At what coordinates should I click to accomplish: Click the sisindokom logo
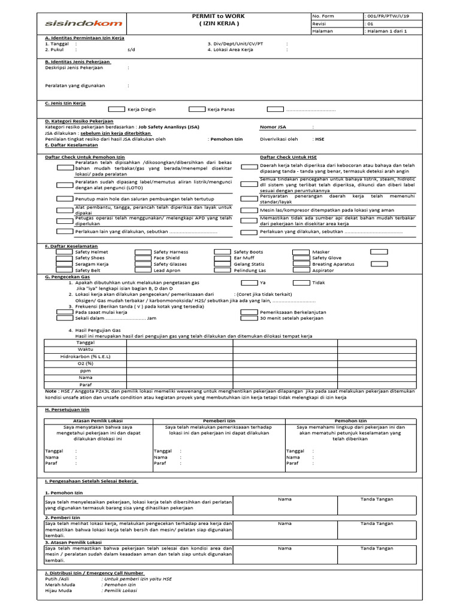pyautogui.click(x=84, y=23)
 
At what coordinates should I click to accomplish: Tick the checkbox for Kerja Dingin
pyautogui.click(x=116, y=110)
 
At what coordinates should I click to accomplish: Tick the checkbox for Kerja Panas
pyautogui.click(x=196, y=110)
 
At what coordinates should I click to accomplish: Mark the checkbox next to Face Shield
pyautogui.click(x=143, y=258)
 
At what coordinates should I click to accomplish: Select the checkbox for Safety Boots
pyautogui.click(x=222, y=252)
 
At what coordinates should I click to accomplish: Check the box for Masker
pyautogui.click(x=301, y=252)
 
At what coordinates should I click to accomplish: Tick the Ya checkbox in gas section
pyautogui.click(x=250, y=282)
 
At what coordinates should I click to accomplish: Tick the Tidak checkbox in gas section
pyautogui.click(x=301, y=282)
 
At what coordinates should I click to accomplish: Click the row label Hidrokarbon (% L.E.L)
pyautogui.click(x=85, y=356)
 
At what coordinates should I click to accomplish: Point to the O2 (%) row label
pyautogui.click(x=85, y=363)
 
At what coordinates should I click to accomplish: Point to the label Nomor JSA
pyautogui.click(x=273, y=127)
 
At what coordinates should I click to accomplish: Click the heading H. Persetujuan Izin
pyautogui.click(x=67, y=409)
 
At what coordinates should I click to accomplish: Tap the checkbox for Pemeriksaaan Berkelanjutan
pyautogui.click(x=250, y=312)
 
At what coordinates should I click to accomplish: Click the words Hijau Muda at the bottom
pyautogui.click(x=58, y=590)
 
